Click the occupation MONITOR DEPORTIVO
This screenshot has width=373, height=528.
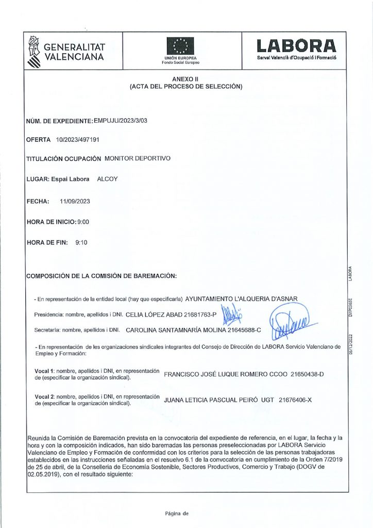137,159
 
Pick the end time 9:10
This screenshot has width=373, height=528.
81,242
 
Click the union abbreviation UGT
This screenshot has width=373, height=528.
266,399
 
